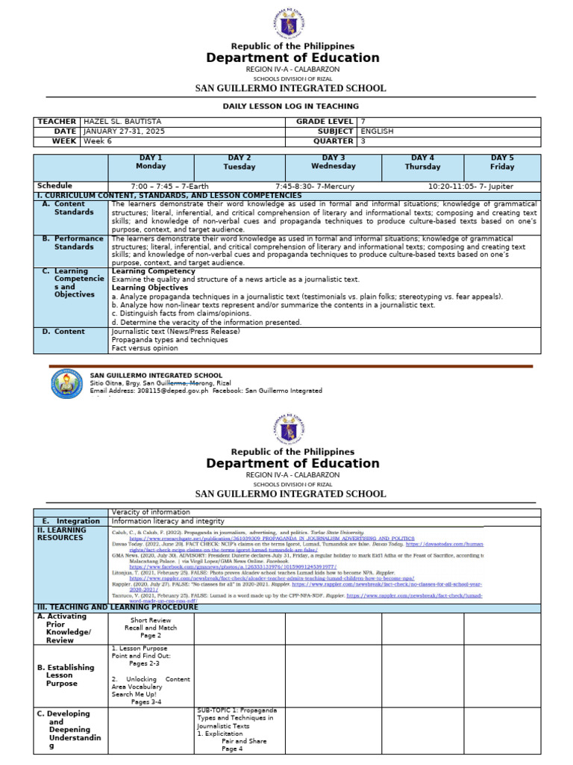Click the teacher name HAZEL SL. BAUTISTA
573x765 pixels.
122,122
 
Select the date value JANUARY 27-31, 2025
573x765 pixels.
124,131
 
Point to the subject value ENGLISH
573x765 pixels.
378,131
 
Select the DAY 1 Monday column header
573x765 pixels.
151,162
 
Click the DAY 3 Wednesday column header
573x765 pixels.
333,162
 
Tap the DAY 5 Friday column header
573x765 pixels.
502,162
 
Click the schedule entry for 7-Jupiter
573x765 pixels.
471,186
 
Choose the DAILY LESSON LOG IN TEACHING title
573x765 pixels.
291,106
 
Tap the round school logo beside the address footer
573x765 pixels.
68,384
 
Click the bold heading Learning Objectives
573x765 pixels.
149,288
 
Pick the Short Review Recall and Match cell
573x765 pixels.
151,628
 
